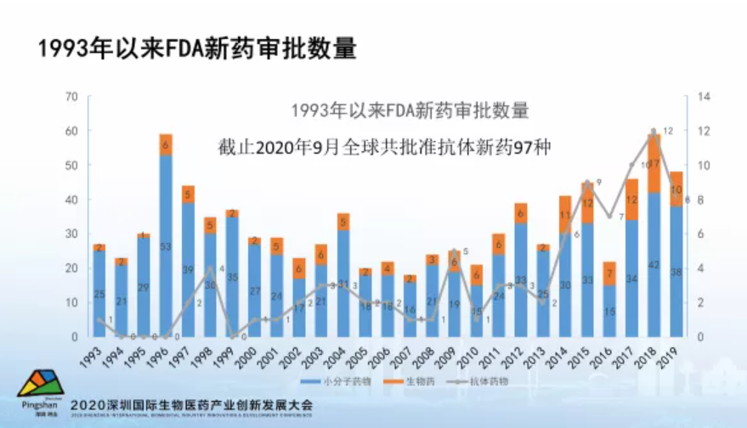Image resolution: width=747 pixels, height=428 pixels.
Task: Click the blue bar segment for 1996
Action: (x=166, y=246)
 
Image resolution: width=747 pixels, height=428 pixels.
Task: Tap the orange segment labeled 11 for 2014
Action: (x=565, y=215)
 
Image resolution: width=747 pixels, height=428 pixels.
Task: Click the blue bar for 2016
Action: (x=609, y=311)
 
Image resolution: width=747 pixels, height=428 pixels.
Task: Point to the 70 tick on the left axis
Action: (x=71, y=97)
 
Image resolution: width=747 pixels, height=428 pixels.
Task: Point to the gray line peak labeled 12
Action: (x=654, y=131)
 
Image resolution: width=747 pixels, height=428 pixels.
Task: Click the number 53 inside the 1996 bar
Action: (x=166, y=247)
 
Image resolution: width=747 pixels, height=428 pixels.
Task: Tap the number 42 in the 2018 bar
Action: (x=654, y=264)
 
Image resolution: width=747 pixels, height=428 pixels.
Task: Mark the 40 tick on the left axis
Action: (x=71, y=200)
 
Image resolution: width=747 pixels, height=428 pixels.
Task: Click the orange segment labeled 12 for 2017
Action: (x=631, y=200)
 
